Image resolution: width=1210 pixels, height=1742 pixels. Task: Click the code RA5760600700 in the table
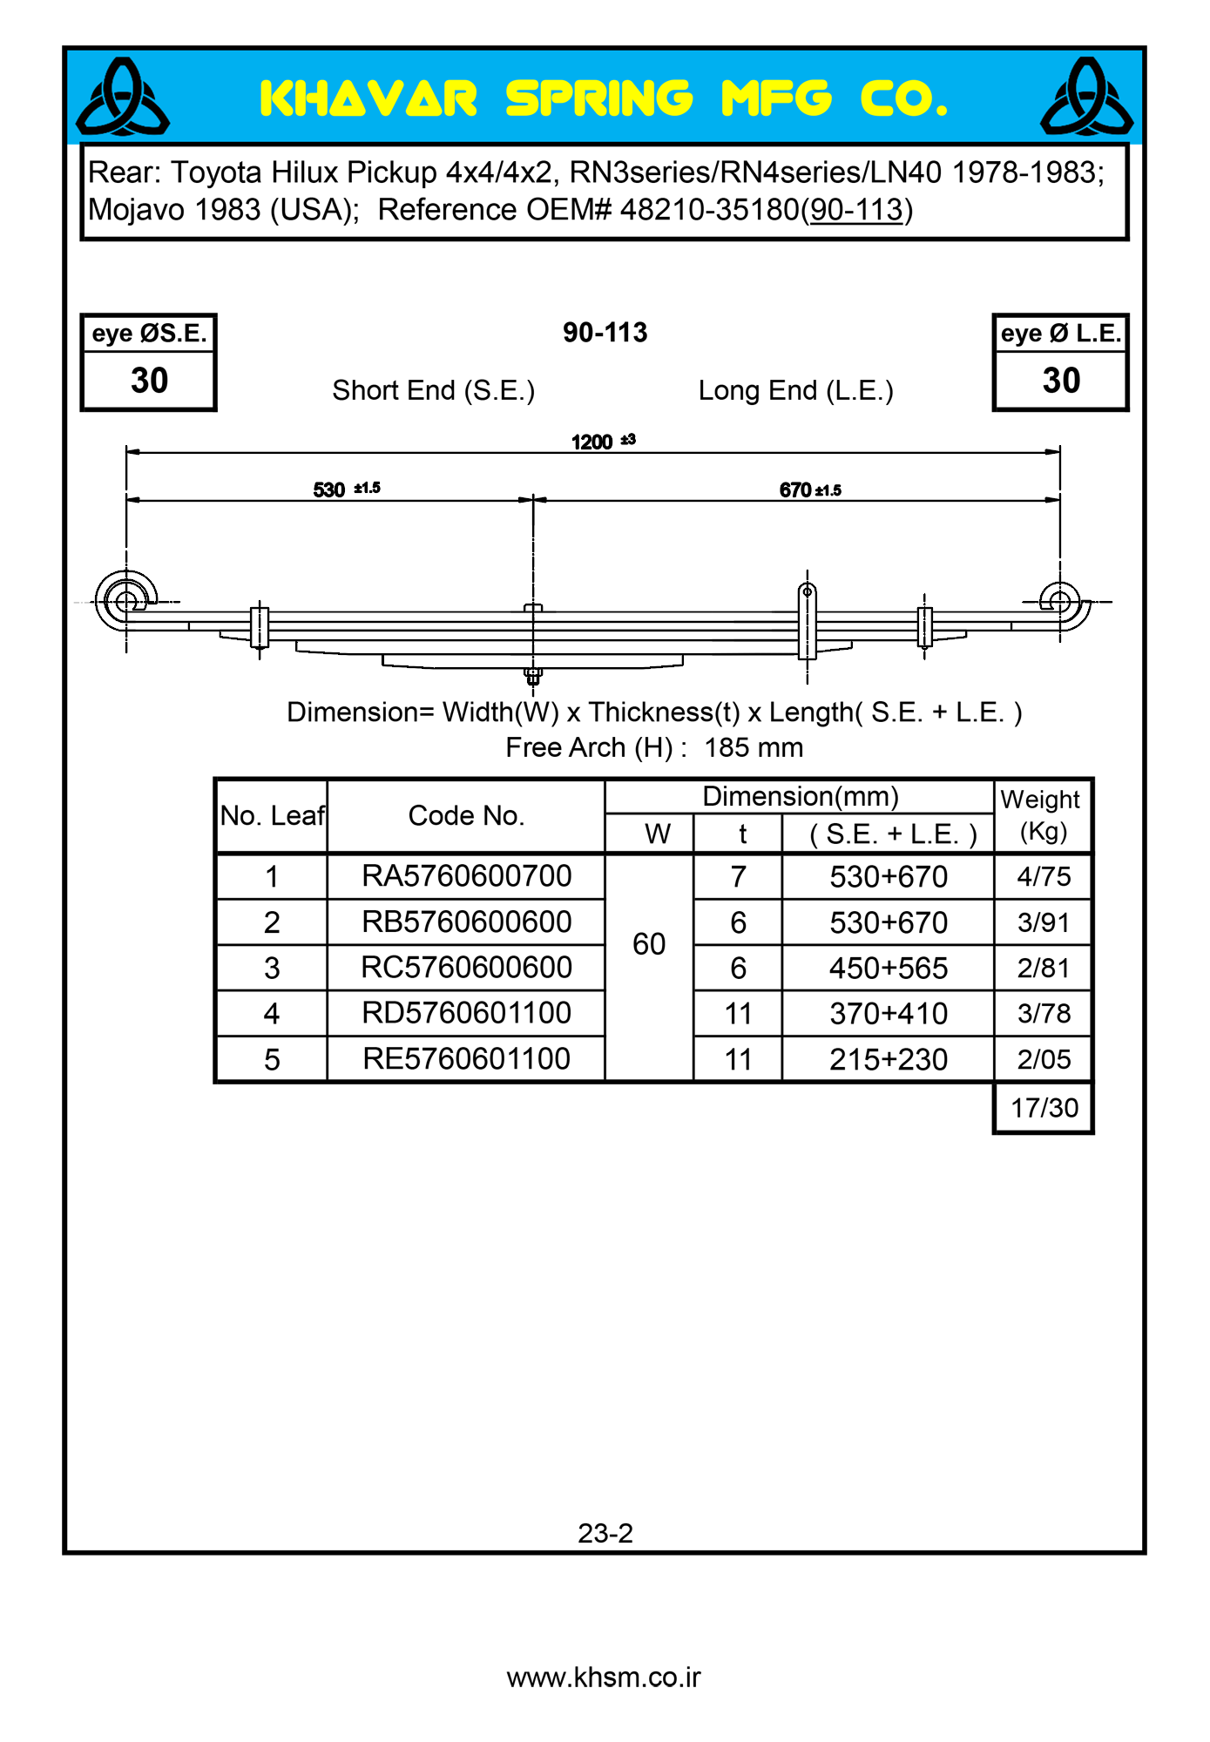pyautogui.click(x=466, y=876)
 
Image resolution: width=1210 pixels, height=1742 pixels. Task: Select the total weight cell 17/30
pyautogui.click(x=1044, y=1108)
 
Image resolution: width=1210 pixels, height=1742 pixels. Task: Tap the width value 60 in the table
pyautogui.click(x=649, y=944)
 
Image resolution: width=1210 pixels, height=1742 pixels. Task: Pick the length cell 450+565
pyautogui.click(x=888, y=969)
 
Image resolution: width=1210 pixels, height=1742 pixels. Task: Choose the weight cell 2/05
pyautogui.click(x=1044, y=1060)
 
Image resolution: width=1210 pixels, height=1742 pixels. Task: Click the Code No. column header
pyautogui.click(x=466, y=816)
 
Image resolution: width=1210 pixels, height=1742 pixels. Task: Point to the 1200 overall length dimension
pyautogui.click(x=592, y=442)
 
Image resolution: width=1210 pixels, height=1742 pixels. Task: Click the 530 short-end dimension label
pyautogui.click(x=329, y=490)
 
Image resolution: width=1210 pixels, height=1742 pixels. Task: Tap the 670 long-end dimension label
pyautogui.click(x=795, y=490)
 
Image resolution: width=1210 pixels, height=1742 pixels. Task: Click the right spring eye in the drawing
pyautogui.click(x=1059, y=601)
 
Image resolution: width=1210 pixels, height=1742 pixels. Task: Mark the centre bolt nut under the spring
pyautogui.click(x=533, y=674)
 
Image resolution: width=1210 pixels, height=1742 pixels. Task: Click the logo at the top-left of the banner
pyautogui.click(x=123, y=97)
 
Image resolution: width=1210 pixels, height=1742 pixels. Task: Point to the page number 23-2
pyautogui.click(x=605, y=1533)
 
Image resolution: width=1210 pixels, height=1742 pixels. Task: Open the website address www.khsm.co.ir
pyautogui.click(x=604, y=1678)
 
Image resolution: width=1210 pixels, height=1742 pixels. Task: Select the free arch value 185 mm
pyautogui.click(x=754, y=748)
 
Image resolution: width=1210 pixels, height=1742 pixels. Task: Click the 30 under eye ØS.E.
pyautogui.click(x=149, y=381)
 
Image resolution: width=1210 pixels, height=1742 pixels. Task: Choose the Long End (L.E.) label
pyautogui.click(x=795, y=391)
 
